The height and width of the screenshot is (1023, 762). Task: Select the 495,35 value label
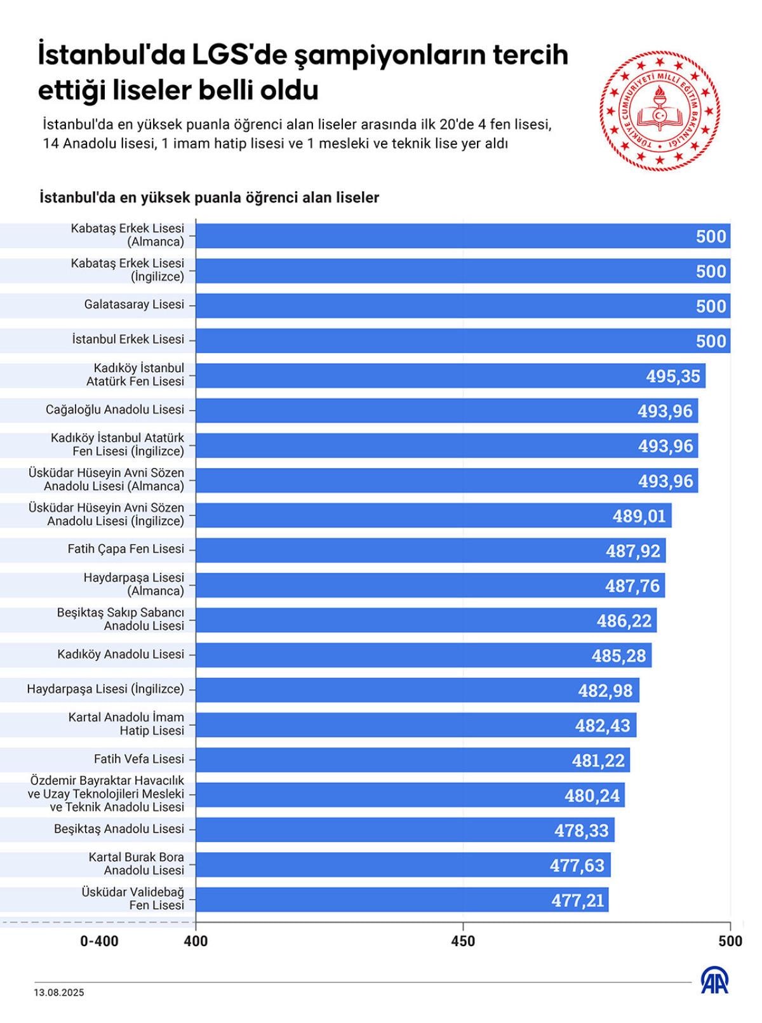[672, 376]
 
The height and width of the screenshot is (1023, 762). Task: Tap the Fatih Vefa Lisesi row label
[138, 759]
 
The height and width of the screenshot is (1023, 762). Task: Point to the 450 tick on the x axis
[463, 940]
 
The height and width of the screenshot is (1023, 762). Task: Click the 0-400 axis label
[99, 941]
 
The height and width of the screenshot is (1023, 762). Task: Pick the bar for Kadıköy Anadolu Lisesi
[423, 655]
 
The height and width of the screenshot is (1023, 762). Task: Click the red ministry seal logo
[660, 110]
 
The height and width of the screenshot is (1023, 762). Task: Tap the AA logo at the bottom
[714, 981]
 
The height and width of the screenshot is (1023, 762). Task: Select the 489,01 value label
[639, 516]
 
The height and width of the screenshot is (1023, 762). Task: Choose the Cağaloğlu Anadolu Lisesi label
[114, 410]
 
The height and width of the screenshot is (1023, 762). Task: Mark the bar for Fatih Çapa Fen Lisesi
[431, 550]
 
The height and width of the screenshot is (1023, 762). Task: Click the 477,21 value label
[577, 900]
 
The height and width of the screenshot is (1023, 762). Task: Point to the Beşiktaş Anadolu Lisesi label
[119, 829]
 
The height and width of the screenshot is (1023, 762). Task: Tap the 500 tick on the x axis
[730, 940]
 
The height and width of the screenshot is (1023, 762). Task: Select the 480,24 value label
[592, 795]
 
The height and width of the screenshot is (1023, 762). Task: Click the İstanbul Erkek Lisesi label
[128, 339]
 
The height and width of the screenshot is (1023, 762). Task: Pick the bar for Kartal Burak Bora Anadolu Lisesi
[403, 864]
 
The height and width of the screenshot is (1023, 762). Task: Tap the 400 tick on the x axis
[196, 940]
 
